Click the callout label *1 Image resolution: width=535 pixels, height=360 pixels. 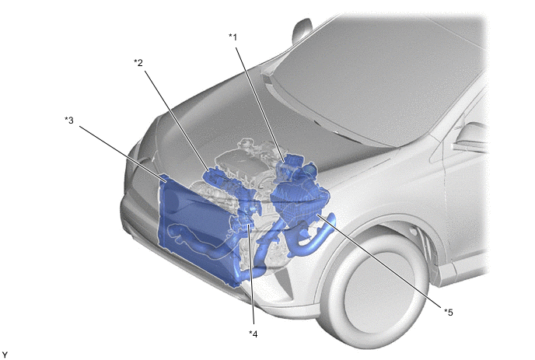233,37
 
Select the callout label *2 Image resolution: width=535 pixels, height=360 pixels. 138,63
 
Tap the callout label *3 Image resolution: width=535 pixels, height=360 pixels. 69,120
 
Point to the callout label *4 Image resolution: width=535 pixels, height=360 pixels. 254,334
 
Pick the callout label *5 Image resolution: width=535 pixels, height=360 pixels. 449,312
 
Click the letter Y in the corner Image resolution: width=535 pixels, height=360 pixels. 5,355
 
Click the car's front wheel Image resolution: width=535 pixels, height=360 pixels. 373,290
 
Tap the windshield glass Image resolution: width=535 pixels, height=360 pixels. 379,79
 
